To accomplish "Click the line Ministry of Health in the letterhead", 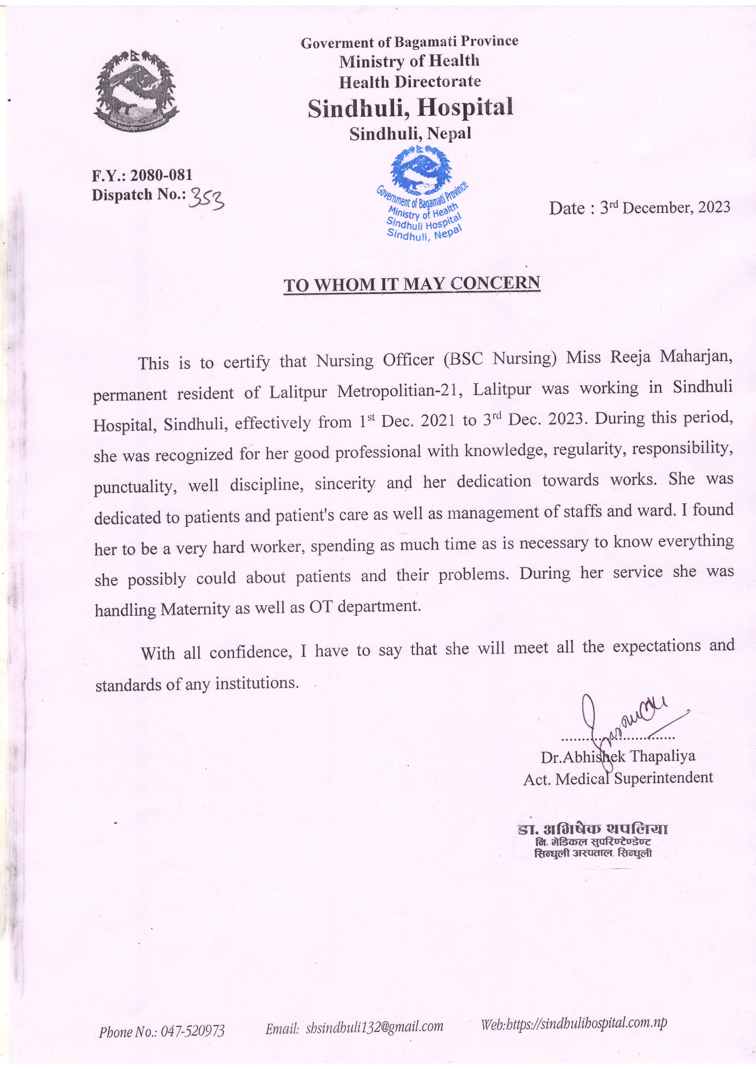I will coord(409,61).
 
